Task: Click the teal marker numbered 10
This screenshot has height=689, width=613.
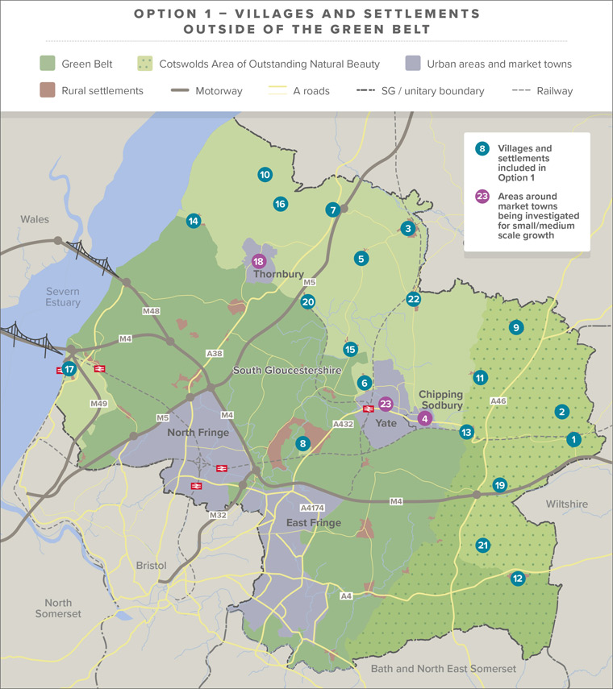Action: click(264, 174)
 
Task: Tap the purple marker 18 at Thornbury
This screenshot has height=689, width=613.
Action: click(258, 261)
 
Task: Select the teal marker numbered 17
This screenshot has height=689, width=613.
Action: click(70, 370)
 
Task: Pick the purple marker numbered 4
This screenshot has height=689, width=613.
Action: click(425, 417)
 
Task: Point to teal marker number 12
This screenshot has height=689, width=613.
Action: click(518, 578)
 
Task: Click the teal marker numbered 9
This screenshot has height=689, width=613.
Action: click(516, 327)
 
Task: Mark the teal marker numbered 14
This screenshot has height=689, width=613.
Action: click(193, 221)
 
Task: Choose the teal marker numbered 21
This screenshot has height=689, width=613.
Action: click(483, 545)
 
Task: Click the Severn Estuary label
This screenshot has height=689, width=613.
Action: click(63, 297)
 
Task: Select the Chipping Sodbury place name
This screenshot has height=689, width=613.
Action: click(441, 400)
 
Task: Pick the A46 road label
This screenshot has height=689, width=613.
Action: click(498, 400)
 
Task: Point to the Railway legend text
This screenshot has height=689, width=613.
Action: click(554, 91)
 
